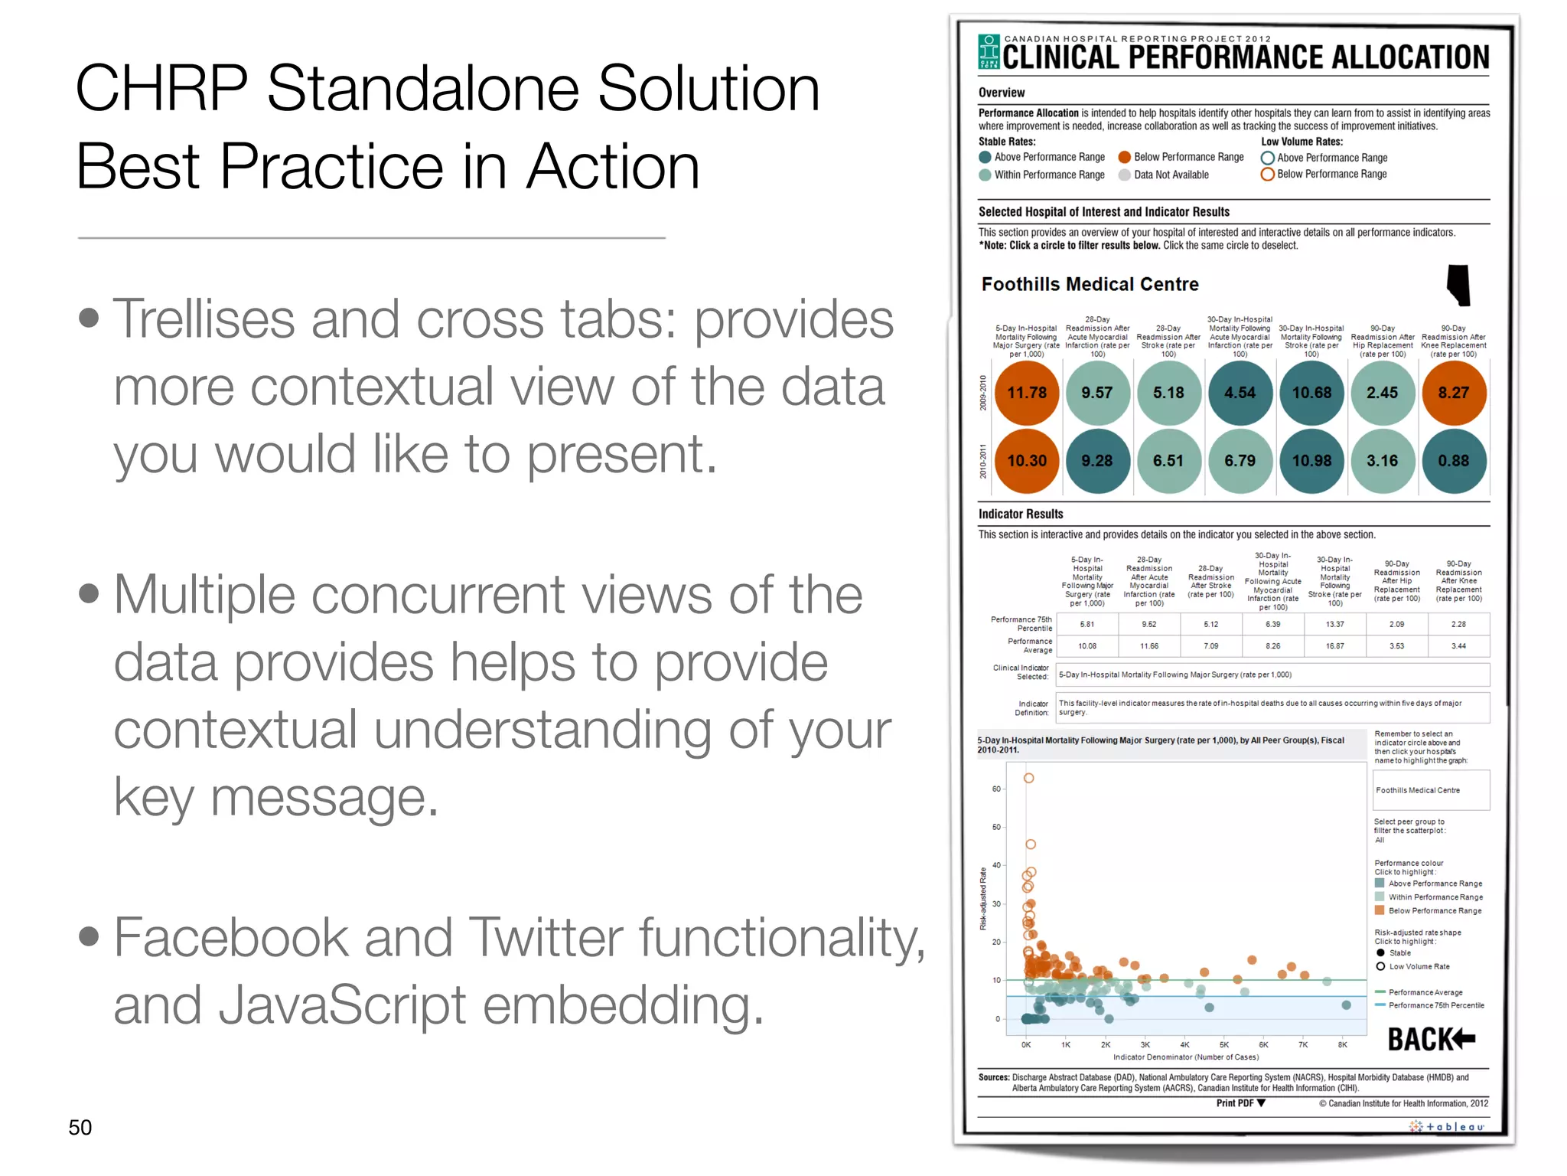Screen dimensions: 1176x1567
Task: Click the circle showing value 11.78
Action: pos(1026,393)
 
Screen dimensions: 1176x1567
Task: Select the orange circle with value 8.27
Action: pos(1453,393)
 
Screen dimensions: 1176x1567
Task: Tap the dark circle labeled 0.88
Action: pos(1453,461)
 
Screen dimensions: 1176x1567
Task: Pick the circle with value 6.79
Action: pos(1240,461)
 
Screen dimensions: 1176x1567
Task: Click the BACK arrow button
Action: pos(1431,1040)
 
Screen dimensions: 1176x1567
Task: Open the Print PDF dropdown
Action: pos(1241,1103)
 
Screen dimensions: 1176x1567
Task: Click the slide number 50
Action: pos(80,1127)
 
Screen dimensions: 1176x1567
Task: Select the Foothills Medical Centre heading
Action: pos(1090,284)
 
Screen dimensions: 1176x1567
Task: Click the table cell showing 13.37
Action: pos(1334,624)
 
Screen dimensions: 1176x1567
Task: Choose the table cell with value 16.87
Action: pos(1334,646)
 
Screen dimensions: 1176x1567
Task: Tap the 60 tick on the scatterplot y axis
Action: pos(996,789)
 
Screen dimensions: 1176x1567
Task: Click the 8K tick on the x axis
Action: pos(1342,1044)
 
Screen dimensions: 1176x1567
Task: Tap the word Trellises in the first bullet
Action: pos(203,319)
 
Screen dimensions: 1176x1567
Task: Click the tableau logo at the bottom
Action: pos(1447,1126)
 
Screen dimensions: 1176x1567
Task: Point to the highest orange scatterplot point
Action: pos(1029,778)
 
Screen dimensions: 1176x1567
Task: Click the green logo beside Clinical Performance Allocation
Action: pos(989,51)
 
